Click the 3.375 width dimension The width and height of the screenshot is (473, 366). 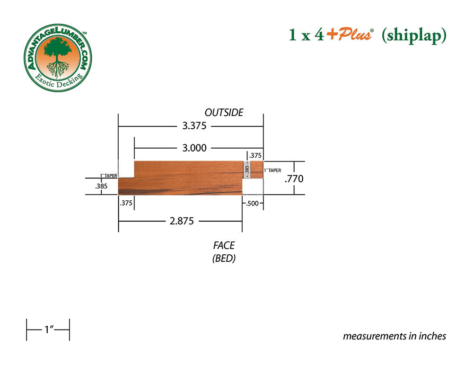(x=194, y=125)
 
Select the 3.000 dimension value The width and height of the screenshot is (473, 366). (x=194, y=148)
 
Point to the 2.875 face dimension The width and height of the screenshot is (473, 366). (x=182, y=221)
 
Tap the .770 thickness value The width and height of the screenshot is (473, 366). (x=294, y=179)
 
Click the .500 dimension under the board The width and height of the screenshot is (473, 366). (x=253, y=204)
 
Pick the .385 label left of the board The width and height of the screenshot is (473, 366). (x=101, y=187)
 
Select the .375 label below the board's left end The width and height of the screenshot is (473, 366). (x=126, y=203)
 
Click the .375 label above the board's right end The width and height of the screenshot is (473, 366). (x=255, y=155)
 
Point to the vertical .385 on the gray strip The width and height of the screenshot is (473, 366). (x=247, y=170)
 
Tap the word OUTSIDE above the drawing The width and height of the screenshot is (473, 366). (x=224, y=113)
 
